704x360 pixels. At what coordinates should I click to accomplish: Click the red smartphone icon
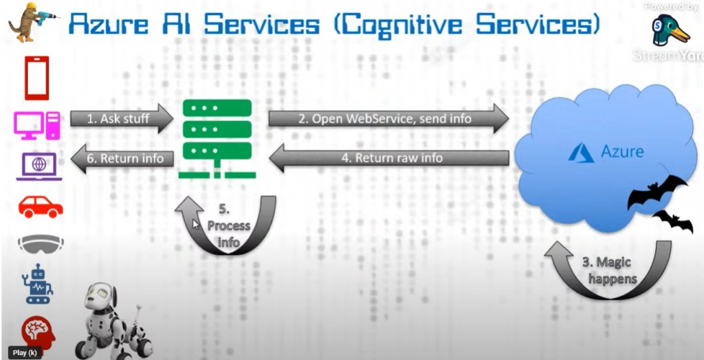(36, 78)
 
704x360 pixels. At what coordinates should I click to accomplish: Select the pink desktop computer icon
(37, 124)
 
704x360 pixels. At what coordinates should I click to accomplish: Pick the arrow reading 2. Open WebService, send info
(388, 118)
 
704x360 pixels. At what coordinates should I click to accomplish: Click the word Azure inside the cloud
(622, 151)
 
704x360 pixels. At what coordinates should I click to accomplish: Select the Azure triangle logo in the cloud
(582, 152)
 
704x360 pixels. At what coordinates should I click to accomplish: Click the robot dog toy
(113, 319)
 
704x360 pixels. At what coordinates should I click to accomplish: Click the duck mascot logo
(670, 31)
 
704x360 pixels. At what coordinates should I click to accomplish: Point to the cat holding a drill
(27, 20)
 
